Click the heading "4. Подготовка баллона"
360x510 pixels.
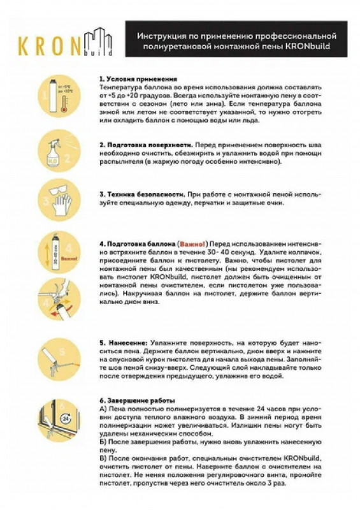(x=136, y=244)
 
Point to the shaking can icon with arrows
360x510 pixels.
(x=54, y=254)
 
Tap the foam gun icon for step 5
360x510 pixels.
(x=58, y=358)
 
